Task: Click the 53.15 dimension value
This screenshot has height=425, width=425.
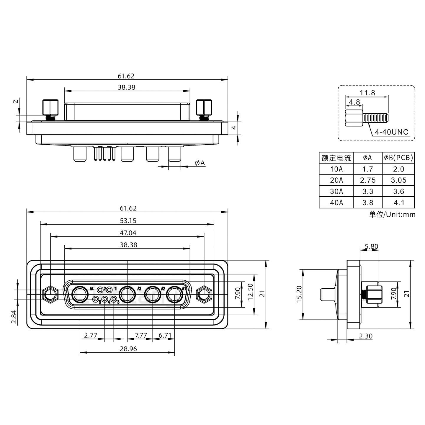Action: coord(128,221)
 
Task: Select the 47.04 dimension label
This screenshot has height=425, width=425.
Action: coord(128,233)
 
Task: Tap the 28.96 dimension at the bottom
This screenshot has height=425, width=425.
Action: coord(128,349)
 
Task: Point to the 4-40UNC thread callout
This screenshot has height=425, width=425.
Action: coord(391,132)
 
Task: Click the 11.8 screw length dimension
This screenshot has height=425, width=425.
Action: coord(367,93)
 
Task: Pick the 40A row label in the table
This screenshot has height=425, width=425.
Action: coord(336,202)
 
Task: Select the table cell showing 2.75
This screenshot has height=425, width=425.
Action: coord(367,180)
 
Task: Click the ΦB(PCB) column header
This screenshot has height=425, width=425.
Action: coord(398,158)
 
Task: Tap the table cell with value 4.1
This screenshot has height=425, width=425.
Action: coord(398,202)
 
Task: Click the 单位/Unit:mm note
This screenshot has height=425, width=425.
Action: coord(392,214)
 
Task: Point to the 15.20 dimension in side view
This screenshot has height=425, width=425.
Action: coord(299,294)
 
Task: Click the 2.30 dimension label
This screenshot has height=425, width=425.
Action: coord(366,336)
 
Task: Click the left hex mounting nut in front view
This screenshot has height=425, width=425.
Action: coord(50,294)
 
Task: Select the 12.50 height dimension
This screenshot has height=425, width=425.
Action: coord(250,292)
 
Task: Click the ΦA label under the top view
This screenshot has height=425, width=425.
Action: coord(200,163)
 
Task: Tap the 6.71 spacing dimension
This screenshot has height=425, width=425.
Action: coord(165,335)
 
